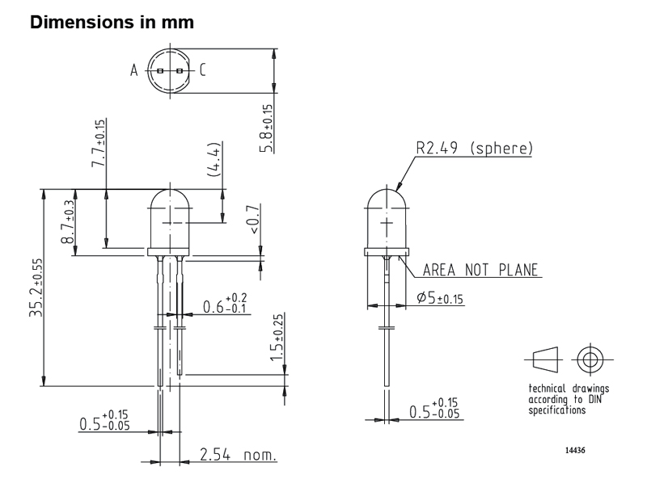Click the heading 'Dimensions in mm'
[112, 23]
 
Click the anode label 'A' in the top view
[133, 70]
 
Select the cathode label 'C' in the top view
[202, 70]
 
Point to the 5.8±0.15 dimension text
[267, 128]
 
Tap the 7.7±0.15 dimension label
[98, 143]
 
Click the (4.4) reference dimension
[214, 160]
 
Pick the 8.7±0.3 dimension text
[68, 222]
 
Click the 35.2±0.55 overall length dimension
[36, 288]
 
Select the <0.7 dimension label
[253, 219]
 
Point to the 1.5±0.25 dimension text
[277, 338]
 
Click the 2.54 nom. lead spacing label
[238, 455]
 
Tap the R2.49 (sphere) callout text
[474, 148]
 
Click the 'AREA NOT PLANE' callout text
[480, 270]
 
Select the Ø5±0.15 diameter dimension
[440, 297]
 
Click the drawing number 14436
[575, 450]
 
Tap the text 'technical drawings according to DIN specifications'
[569, 399]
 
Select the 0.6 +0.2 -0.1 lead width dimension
[225, 304]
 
